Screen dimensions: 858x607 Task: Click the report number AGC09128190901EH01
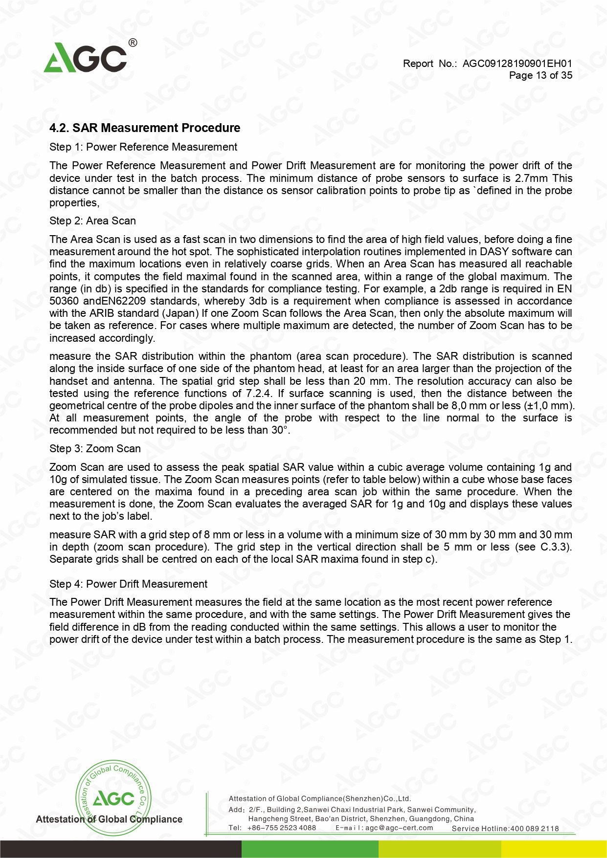point(517,64)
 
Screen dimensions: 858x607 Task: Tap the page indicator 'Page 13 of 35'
point(540,75)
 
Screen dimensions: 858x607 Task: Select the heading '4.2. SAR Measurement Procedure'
point(145,128)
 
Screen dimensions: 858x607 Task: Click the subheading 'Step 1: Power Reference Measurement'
point(143,147)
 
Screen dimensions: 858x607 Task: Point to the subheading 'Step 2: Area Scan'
point(92,221)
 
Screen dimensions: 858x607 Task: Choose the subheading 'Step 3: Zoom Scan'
point(95,449)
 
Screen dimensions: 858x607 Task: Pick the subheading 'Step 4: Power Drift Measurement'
point(128,584)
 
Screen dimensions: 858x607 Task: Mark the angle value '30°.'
point(280,430)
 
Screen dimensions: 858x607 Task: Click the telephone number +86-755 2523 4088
point(281,828)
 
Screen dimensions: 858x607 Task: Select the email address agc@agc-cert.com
point(399,828)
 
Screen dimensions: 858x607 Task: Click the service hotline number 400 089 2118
point(534,829)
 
